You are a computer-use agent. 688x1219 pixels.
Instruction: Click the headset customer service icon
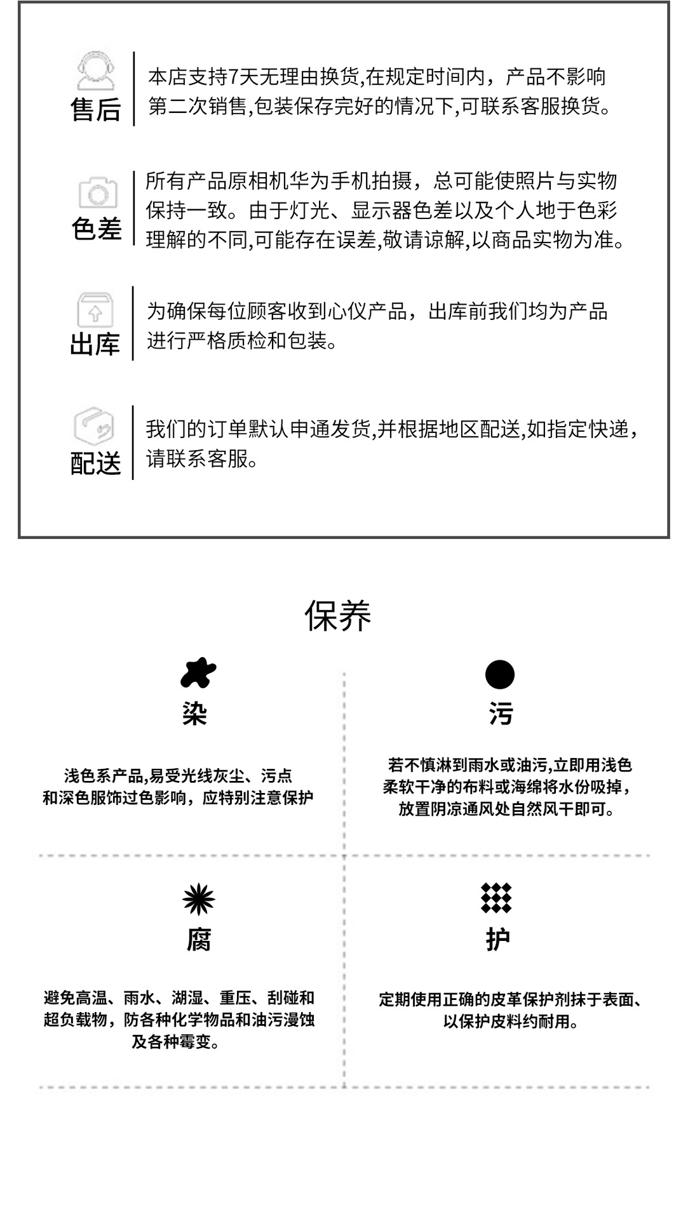pyautogui.click(x=95, y=70)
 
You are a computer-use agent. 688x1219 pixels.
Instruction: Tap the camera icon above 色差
pyautogui.click(x=97, y=192)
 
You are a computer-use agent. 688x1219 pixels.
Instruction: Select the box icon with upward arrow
pyautogui.click(x=95, y=310)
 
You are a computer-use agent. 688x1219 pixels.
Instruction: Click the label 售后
pyautogui.click(x=95, y=109)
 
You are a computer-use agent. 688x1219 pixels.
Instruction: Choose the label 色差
pyautogui.click(x=96, y=229)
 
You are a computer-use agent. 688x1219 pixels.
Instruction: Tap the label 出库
pyautogui.click(x=95, y=345)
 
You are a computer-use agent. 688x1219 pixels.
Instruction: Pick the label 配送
pyautogui.click(x=95, y=463)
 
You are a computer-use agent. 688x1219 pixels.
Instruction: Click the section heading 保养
pyautogui.click(x=337, y=615)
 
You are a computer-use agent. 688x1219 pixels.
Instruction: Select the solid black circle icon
pyautogui.click(x=499, y=674)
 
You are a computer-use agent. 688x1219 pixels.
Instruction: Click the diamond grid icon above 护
pyautogui.click(x=496, y=898)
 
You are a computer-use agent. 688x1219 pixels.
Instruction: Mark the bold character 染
pyautogui.click(x=194, y=714)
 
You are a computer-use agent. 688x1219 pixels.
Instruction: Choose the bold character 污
pyautogui.click(x=501, y=714)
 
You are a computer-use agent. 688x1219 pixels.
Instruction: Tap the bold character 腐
pyautogui.click(x=199, y=940)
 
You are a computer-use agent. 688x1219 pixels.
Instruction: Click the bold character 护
pyautogui.click(x=497, y=940)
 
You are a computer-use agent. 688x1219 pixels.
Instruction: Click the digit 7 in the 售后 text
pyautogui.click(x=233, y=77)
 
